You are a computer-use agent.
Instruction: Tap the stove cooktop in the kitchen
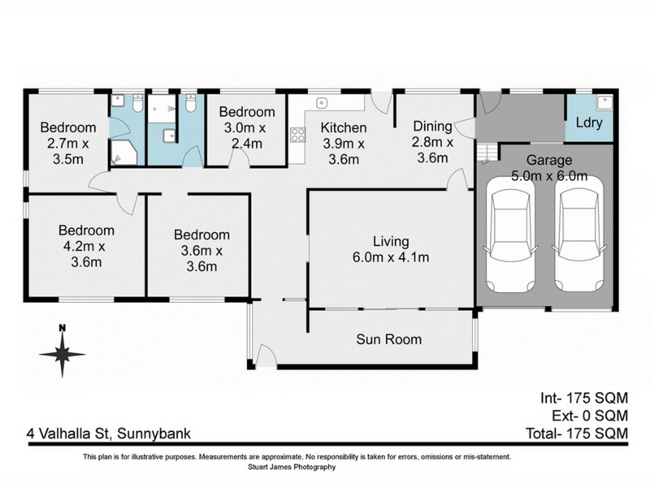297,135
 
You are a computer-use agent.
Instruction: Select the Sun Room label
389,339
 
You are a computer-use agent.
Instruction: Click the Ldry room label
589,123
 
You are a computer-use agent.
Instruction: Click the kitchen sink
322,103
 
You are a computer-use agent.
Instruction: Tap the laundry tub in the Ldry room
604,102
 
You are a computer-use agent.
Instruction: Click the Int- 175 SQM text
584,398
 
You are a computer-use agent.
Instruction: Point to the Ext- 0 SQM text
590,416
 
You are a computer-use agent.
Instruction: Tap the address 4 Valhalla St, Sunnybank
109,433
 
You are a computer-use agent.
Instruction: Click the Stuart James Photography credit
292,468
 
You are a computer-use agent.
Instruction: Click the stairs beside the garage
486,153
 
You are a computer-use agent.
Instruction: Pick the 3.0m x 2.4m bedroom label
247,127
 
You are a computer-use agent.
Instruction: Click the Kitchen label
344,127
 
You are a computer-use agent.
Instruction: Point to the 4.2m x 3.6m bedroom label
86,247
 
